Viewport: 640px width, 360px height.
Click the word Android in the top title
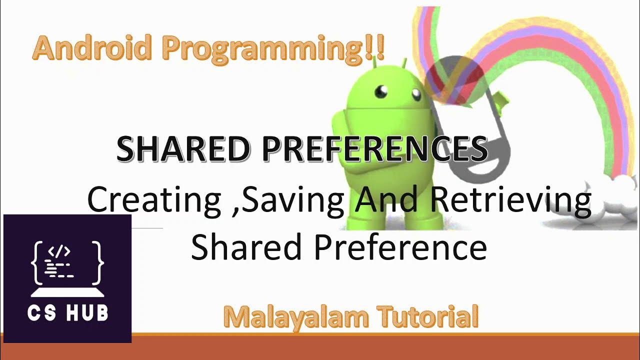pyautogui.click(x=92, y=49)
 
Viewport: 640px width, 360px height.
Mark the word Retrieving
pyautogui.click(x=510, y=200)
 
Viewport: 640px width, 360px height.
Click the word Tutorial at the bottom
pyautogui.click(x=428, y=317)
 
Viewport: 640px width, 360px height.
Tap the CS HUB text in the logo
pyautogui.click(x=67, y=313)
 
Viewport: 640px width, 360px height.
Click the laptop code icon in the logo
pyautogui.click(x=67, y=267)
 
